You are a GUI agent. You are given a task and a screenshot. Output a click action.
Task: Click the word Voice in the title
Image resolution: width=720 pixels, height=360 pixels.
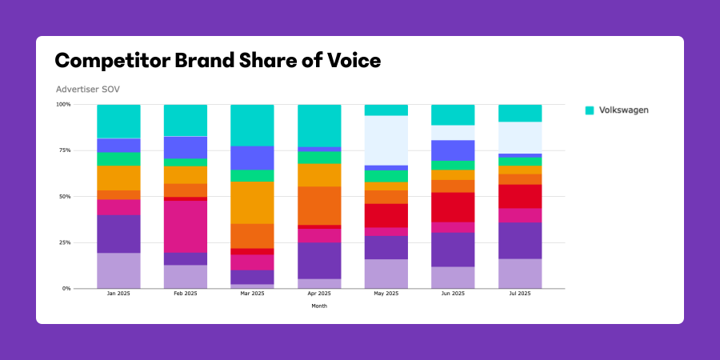click(348, 60)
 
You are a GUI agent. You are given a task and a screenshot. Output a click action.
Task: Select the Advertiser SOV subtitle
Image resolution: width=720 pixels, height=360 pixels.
click(88, 89)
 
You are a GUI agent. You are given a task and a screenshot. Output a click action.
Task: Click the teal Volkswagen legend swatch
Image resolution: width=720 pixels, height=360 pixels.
click(590, 110)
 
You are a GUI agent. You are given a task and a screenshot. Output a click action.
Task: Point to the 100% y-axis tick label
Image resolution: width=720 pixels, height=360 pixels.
click(63, 105)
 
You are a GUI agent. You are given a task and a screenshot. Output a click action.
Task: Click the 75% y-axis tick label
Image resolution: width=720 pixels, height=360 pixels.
click(64, 150)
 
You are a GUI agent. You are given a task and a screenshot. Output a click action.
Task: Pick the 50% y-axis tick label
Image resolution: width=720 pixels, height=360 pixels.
click(64, 196)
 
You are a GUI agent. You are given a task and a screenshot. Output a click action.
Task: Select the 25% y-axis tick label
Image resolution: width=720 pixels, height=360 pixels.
click(64, 242)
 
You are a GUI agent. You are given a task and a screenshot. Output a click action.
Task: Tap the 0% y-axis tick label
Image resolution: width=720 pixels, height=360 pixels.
click(66, 288)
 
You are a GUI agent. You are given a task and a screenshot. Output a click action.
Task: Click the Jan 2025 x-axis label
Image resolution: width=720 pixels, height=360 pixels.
click(118, 294)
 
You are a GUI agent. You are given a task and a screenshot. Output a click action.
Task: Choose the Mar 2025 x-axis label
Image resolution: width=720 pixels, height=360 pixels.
click(252, 294)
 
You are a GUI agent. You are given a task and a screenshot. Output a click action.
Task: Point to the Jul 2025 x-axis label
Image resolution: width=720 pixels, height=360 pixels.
click(520, 294)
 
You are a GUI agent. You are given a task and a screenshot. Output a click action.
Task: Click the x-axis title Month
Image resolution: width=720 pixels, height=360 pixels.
click(319, 306)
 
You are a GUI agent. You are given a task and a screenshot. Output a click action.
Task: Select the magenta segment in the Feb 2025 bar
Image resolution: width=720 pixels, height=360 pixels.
click(186, 226)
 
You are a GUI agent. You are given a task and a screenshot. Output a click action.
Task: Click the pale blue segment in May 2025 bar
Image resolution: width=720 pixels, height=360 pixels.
click(386, 140)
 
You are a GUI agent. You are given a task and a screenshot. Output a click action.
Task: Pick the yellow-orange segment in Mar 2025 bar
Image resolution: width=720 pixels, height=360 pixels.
click(252, 202)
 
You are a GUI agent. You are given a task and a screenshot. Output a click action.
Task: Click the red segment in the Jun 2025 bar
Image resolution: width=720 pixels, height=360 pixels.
click(454, 207)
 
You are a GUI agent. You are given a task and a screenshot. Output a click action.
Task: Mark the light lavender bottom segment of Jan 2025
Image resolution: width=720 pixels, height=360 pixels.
click(118, 270)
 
